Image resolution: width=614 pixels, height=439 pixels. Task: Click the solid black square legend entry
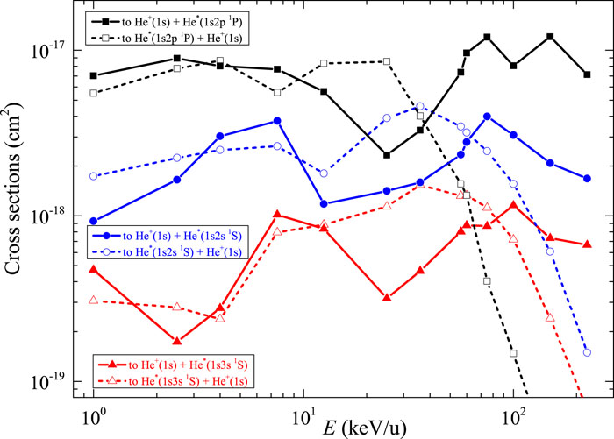pos(175,20)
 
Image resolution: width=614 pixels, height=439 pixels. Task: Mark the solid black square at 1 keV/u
pos(93,75)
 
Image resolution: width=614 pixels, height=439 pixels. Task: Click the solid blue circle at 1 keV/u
pos(93,222)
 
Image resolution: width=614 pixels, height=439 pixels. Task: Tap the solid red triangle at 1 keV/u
pos(93,270)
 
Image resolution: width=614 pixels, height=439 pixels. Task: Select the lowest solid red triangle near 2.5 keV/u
pos(177,341)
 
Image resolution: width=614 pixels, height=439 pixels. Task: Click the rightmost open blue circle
pos(587,352)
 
